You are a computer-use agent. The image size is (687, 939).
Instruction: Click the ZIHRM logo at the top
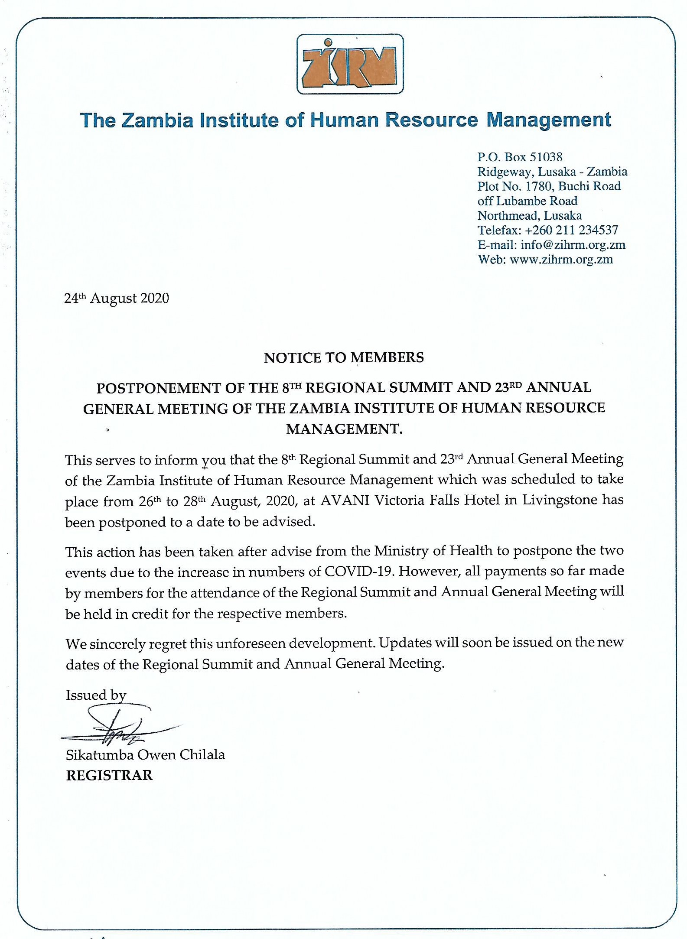pos(350,64)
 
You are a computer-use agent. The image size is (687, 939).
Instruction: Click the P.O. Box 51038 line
pos(520,157)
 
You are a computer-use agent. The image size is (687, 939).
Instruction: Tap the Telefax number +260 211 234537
pos(571,230)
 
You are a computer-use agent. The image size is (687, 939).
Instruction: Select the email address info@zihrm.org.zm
pos(573,245)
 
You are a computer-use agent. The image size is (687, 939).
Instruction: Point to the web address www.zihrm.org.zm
pos(561,260)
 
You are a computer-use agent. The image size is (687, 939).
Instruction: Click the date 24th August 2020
pos(116,298)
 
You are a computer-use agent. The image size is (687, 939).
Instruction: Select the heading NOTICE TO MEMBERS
pos(344,357)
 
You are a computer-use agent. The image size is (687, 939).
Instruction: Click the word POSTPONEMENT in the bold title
pos(158,388)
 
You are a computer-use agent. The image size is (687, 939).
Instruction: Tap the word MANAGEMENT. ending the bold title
pos(344,429)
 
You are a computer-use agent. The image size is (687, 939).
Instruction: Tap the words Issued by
pos(96,695)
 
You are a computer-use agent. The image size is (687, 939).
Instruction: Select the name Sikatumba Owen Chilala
pos(145,755)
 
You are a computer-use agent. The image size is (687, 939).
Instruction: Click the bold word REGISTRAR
pos(109,775)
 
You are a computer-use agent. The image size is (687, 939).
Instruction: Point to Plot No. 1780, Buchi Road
pos(549,186)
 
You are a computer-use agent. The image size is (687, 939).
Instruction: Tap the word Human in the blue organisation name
pos(345,120)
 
